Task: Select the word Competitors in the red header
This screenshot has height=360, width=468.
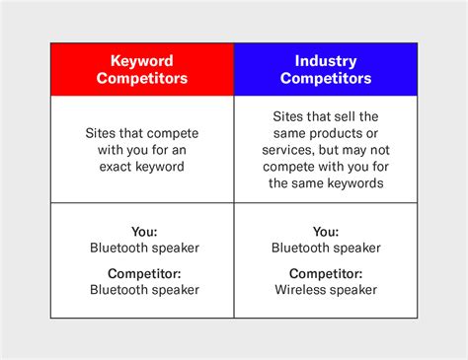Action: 141,79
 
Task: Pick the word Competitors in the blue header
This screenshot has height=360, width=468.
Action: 326,79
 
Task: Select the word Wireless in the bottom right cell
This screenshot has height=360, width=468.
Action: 303,290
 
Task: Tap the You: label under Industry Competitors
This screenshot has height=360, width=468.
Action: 326,232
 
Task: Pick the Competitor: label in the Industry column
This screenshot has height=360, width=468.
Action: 326,273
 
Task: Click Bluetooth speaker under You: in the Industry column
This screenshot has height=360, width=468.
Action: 326,248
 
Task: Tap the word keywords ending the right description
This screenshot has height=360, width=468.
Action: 351,184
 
